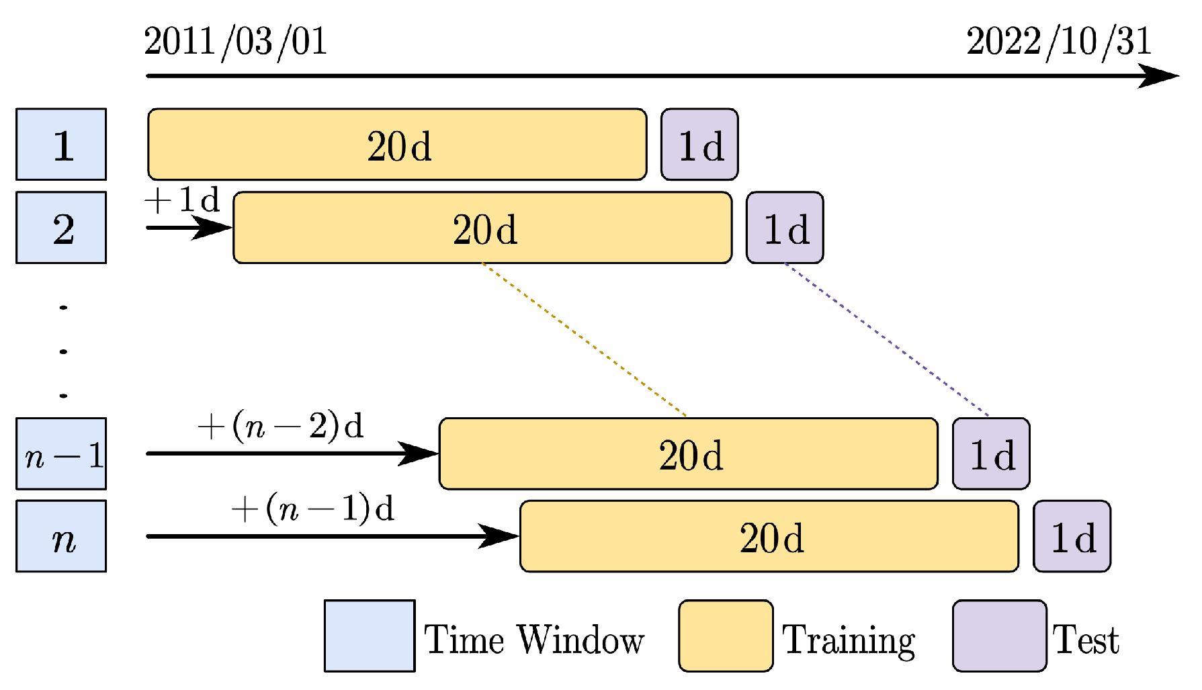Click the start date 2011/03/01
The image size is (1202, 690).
(235, 42)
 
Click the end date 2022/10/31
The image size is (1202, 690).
(1059, 42)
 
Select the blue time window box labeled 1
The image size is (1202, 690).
(61, 144)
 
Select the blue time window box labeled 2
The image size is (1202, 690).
(61, 228)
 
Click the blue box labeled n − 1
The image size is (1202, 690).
(61, 454)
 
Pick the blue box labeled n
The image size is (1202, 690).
(61, 536)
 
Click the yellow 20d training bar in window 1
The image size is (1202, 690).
(397, 144)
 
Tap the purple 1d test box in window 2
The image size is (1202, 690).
(785, 228)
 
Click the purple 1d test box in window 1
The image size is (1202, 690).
(699, 144)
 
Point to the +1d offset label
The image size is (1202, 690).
(182, 200)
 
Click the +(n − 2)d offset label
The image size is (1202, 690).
(281, 426)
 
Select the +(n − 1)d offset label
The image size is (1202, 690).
(312, 509)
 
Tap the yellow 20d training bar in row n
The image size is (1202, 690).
(769, 536)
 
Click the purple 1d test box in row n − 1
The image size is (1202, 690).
(991, 454)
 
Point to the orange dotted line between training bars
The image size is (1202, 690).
(583, 339)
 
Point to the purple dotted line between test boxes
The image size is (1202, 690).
(887, 339)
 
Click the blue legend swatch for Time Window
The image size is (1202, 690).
(370, 636)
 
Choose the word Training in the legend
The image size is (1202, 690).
(849, 640)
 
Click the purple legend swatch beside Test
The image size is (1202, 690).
(1000, 636)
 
